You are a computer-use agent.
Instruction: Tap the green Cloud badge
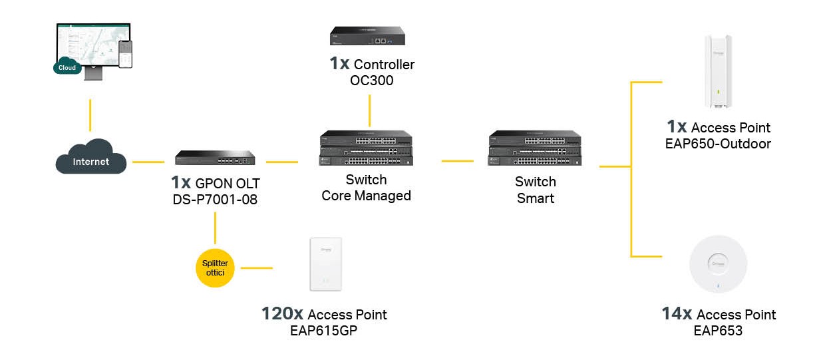tap(67, 67)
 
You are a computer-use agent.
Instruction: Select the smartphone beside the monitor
tap(125, 54)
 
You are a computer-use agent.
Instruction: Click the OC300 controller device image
tap(367, 36)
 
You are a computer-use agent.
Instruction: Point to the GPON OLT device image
tap(215, 158)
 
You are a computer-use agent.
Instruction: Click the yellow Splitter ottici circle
tap(215, 268)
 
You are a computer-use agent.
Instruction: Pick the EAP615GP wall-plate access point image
tap(325, 264)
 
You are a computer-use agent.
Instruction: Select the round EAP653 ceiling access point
tap(718, 264)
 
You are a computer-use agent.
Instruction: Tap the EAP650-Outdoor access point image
tap(718, 71)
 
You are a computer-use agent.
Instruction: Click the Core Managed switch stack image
tap(366, 148)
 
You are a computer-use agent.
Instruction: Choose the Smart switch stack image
tap(535, 148)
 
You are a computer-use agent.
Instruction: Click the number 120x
tap(282, 314)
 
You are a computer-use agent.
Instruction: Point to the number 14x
tap(677, 314)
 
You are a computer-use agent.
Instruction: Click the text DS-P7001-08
tap(215, 200)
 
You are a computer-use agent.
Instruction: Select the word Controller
tap(384, 65)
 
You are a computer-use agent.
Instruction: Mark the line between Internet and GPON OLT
tap(148, 162)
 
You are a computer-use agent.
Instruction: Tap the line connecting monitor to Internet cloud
tap(90, 115)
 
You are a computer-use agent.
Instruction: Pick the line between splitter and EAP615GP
tap(257, 268)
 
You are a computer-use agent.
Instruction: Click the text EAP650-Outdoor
tap(718, 144)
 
